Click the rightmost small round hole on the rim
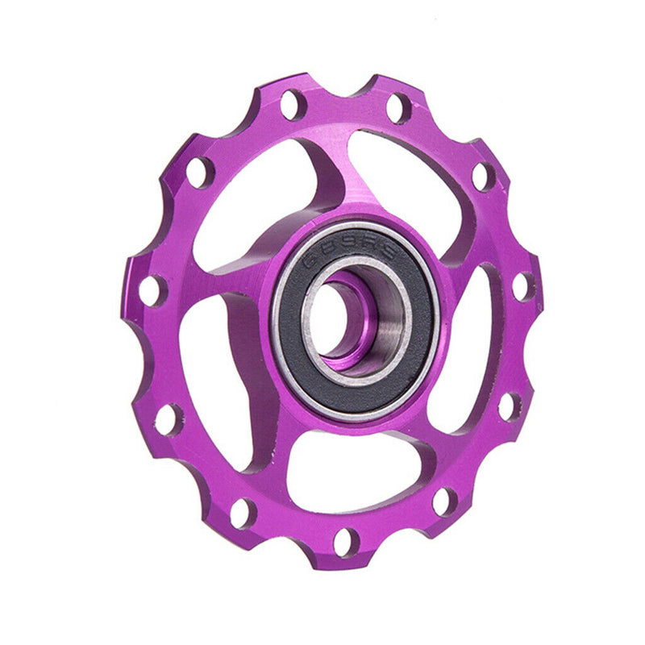pyautogui.click(x=522, y=286)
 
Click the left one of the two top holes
pyautogui.click(x=292, y=105)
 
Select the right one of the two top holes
pyautogui.click(x=397, y=107)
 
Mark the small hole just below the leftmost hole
pyautogui.click(x=169, y=419)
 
